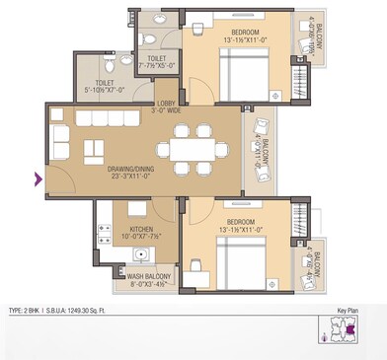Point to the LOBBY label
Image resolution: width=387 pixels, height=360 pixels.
click(x=167, y=103)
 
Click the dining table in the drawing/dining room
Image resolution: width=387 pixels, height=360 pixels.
click(x=193, y=148)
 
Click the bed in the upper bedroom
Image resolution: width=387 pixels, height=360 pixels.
click(x=248, y=73)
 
